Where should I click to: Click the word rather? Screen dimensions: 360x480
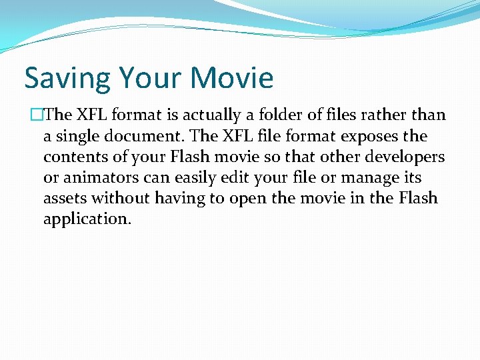point(378,115)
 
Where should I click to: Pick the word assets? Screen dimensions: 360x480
point(65,199)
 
